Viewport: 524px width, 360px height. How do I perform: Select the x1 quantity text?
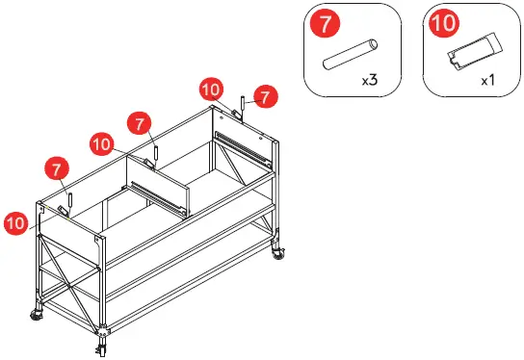[x=487, y=82]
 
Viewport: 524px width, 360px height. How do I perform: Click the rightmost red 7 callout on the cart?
[x=267, y=95]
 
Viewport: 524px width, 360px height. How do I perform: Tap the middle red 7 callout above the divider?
[x=142, y=124]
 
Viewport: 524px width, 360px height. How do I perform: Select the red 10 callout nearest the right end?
[x=212, y=90]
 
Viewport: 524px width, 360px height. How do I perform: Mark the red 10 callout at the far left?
[x=15, y=222]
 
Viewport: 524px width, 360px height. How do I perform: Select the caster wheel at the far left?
[x=36, y=314]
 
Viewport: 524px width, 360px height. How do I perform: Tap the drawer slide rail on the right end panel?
[x=242, y=144]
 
